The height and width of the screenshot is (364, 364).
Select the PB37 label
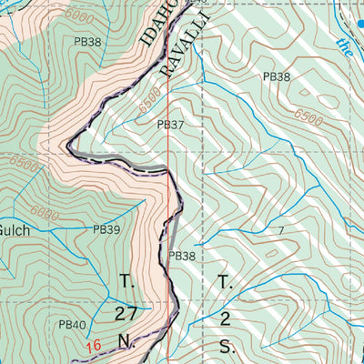click(170, 125)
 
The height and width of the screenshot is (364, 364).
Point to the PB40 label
click(72, 324)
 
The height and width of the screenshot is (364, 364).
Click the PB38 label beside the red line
click(181, 257)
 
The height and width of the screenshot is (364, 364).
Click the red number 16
click(93, 346)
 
